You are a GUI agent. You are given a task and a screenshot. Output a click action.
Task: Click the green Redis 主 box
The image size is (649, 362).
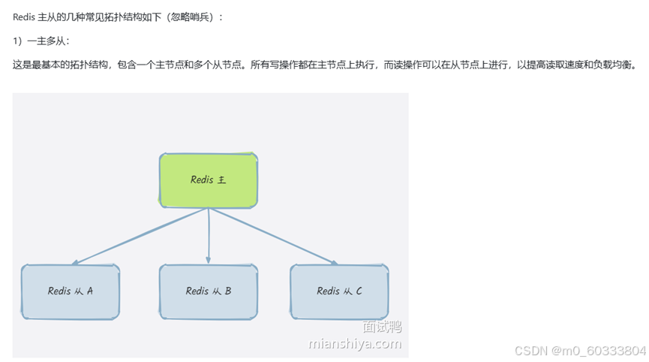208,180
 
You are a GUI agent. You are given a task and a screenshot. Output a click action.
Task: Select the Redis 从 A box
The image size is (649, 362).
70,291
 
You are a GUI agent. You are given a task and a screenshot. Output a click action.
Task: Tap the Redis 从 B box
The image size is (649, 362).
208,291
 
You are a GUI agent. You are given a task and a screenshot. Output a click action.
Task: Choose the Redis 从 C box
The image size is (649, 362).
339,291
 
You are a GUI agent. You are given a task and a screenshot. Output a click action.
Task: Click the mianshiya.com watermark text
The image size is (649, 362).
355,344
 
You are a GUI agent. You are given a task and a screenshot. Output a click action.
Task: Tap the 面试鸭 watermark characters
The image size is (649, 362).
382,327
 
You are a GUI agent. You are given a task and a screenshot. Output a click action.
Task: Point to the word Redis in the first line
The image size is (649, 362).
24,17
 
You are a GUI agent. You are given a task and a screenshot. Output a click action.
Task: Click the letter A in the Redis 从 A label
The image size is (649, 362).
89,291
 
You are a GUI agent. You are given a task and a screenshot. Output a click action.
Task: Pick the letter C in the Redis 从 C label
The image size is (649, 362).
359,291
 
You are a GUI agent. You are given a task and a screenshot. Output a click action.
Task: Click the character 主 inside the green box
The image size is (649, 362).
221,180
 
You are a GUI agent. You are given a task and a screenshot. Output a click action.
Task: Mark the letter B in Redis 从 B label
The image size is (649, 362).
227,291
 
